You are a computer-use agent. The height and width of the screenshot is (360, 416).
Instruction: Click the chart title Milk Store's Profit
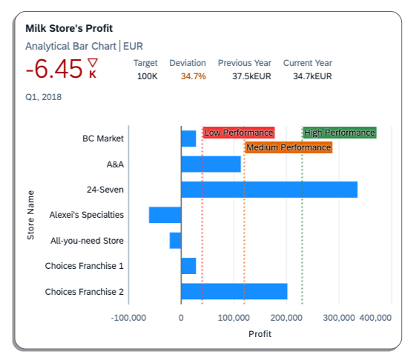pos(69,28)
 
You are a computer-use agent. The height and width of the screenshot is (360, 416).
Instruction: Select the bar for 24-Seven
pos(268,190)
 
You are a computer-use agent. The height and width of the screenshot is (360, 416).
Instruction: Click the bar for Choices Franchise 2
pos(234,291)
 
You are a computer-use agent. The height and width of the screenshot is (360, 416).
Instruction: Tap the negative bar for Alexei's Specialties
pos(165,215)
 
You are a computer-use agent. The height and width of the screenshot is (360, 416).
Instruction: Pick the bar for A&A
pos(211,164)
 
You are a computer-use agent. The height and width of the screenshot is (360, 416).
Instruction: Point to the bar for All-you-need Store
pos(175,241)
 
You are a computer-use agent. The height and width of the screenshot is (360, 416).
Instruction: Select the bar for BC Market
pos(188,139)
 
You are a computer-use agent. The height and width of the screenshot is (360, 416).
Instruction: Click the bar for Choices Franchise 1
pos(188,266)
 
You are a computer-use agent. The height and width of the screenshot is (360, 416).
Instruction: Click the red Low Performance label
pos(239,133)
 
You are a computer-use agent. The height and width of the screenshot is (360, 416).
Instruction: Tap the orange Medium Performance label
pos(288,148)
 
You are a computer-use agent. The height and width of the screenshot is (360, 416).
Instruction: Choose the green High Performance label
pos(340,133)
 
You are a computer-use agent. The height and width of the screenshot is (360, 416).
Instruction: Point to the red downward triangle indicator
pos(93,63)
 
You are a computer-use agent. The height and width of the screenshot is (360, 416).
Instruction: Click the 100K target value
pos(147,76)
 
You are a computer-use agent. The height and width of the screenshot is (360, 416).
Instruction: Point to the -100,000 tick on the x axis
pos(128,317)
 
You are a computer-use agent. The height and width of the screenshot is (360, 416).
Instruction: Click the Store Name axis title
pos(31,215)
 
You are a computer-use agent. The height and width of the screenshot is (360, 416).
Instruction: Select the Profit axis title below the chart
pos(260,334)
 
